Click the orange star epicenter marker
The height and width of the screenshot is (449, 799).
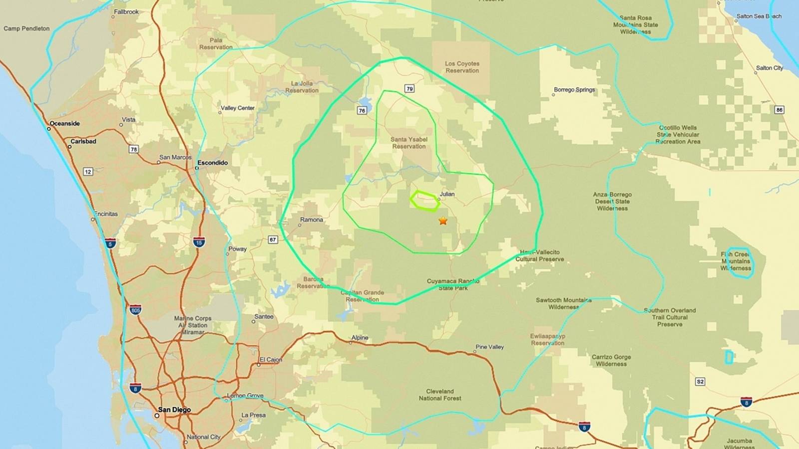(443, 221)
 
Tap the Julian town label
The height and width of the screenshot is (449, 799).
(447, 194)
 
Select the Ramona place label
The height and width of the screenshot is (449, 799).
(312, 220)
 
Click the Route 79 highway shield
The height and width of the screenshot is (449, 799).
(409, 89)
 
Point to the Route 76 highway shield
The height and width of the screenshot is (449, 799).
(362, 110)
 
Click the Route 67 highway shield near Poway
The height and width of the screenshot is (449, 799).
(273, 239)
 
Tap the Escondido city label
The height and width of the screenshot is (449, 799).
(212, 163)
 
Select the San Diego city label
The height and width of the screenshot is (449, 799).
(174, 410)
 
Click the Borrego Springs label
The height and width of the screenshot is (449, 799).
(574, 90)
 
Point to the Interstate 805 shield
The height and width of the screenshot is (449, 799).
(135, 310)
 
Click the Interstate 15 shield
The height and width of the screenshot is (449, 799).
(199, 242)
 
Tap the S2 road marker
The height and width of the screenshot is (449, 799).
(700, 382)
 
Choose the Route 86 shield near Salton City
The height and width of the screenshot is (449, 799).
(779, 110)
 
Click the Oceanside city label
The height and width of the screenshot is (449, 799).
(64, 123)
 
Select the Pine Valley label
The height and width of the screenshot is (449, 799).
(489, 347)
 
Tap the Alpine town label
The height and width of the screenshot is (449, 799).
(360, 338)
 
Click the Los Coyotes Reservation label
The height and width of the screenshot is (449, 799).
(462, 67)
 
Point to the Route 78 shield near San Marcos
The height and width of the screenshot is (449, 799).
(133, 149)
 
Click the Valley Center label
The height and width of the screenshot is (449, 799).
(238, 108)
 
